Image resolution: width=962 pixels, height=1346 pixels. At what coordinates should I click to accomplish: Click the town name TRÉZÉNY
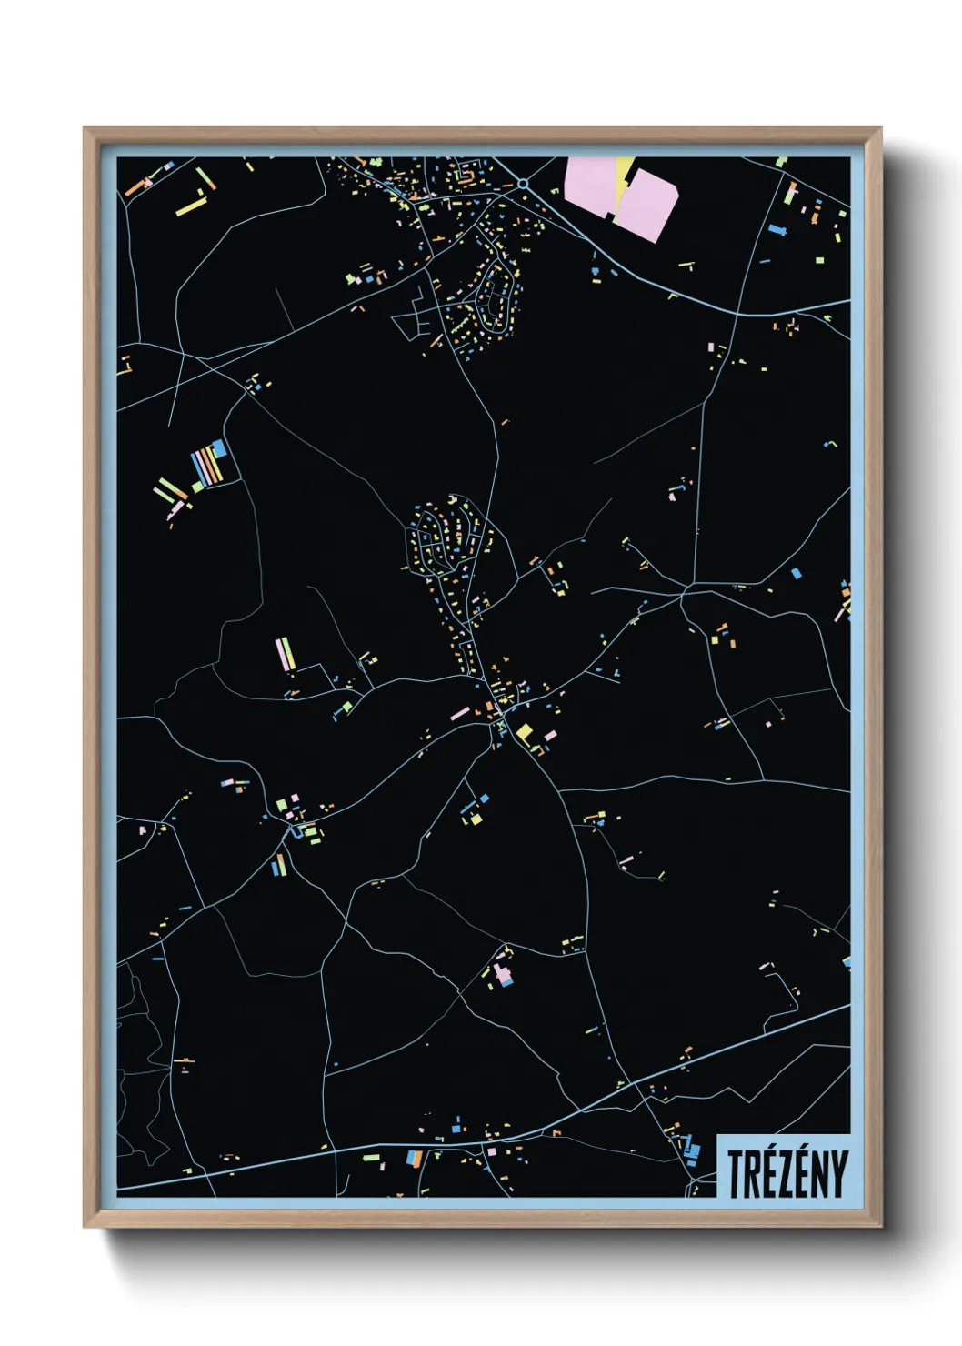coord(786,1173)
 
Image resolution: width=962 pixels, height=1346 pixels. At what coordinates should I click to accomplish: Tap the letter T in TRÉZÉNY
coord(736,1173)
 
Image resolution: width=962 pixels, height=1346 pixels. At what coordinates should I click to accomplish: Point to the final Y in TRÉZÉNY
coord(837,1173)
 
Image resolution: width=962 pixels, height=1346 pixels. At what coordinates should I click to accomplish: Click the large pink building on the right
coord(647,206)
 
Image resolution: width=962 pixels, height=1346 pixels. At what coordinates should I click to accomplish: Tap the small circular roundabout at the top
coord(523,184)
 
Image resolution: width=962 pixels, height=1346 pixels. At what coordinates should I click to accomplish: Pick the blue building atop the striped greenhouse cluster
coord(219,448)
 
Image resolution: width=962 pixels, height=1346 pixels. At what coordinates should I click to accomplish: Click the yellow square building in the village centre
coord(524,732)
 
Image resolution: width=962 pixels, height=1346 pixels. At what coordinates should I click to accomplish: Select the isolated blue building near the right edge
coord(797,573)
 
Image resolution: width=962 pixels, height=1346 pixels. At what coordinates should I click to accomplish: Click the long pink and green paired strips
coord(286,652)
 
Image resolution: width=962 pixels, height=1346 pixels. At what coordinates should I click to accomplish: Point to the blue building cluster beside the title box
coord(691,1150)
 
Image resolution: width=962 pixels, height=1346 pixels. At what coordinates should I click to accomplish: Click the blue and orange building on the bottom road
coord(415,1158)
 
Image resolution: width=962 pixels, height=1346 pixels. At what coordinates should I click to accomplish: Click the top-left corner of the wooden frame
coord(85,128)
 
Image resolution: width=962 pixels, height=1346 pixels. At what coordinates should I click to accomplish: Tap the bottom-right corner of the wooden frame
coord(880,1226)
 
